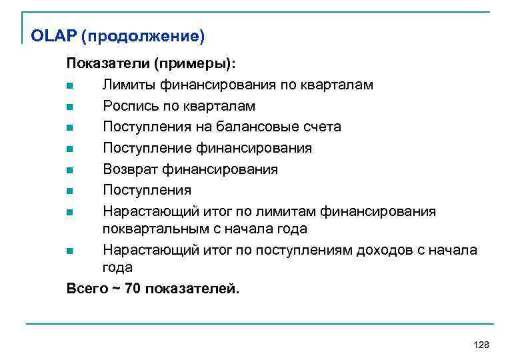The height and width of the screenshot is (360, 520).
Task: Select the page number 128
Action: pos(480,344)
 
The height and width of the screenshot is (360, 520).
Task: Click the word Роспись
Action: pos(131,106)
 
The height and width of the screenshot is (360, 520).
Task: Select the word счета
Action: pos(321,127)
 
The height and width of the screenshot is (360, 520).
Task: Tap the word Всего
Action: pos(87,288)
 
